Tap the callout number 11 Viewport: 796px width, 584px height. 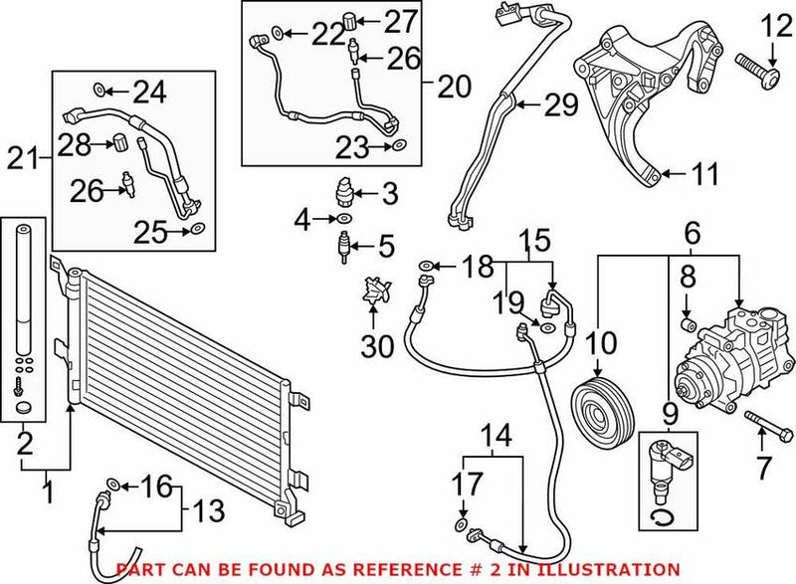point(704,176)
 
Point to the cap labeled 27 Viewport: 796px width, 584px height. point(350,19)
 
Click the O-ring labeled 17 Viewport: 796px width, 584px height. point(461,524)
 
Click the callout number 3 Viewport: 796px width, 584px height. point(389,190)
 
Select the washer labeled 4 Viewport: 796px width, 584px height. point(344,217)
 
